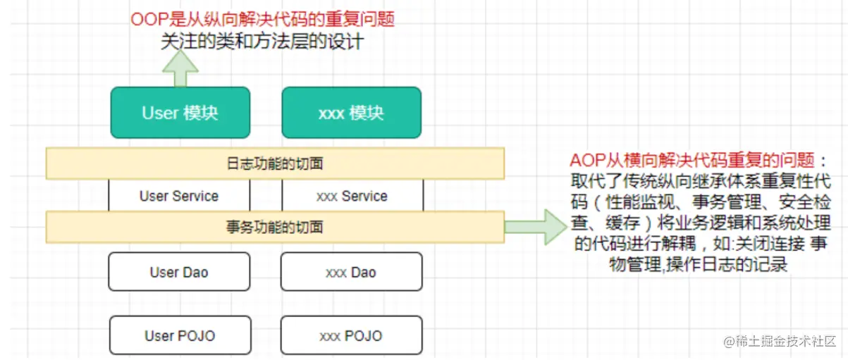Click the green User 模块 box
pos(180,113)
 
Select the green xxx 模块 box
pos(351,113)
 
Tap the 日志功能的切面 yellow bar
pos(275,163)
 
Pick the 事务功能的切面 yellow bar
pos(275,227)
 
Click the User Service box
pos(179,196)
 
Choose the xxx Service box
pos(352,196)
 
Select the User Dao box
pos(179,272)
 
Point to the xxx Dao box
pos(351,272)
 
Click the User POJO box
pos(179,335)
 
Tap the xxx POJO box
pos(351,335)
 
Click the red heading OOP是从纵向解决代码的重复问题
pos(262,19)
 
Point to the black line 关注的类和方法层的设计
pos(262,42)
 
